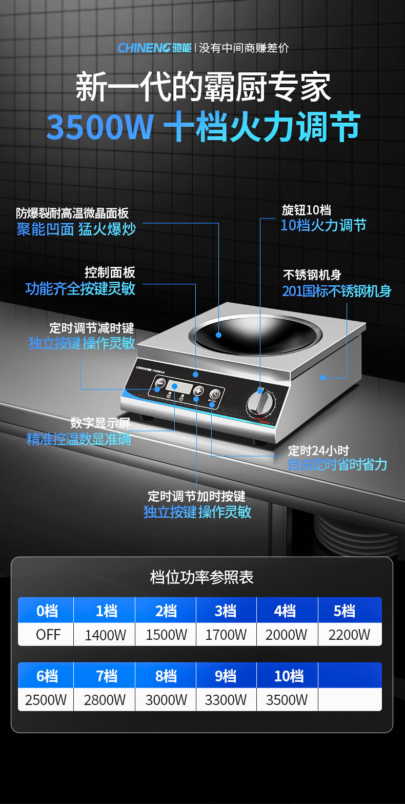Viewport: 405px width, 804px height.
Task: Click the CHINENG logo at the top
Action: point(154,48)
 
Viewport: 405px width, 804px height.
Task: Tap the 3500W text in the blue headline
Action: point(100,128)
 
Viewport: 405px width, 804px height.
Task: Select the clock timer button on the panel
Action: point(214,394)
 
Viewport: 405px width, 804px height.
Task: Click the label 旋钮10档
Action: point(306,210)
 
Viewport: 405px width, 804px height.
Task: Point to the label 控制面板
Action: point(110,272)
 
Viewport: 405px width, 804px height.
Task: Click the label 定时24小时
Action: point(318,450)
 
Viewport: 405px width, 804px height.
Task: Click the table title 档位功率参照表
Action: point(202,577)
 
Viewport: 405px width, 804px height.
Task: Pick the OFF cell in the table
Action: point(48,635)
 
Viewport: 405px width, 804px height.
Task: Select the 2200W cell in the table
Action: point(349,635)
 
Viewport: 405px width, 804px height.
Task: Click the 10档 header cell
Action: point(289,676)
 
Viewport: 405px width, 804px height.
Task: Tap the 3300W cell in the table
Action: point(226,699)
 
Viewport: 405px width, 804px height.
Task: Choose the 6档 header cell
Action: point(47,676)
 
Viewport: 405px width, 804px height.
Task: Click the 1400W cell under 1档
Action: point(105,635)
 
